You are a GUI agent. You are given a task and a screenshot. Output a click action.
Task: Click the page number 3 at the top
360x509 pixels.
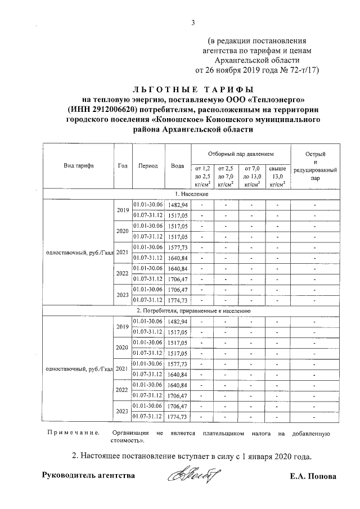coord(193,22)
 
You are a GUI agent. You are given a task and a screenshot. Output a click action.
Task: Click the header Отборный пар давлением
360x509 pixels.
coord(240,153)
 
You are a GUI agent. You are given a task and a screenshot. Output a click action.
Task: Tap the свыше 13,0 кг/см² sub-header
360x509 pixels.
coord(277,175)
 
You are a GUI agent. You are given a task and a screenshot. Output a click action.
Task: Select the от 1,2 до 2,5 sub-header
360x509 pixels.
coord(202,175)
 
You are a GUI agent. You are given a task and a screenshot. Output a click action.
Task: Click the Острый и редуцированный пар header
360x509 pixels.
coord(315,168)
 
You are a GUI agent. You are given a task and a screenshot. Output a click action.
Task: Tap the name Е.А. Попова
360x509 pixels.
coord(313,476)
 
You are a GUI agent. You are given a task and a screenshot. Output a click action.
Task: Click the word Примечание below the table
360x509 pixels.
coord(73,434)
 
